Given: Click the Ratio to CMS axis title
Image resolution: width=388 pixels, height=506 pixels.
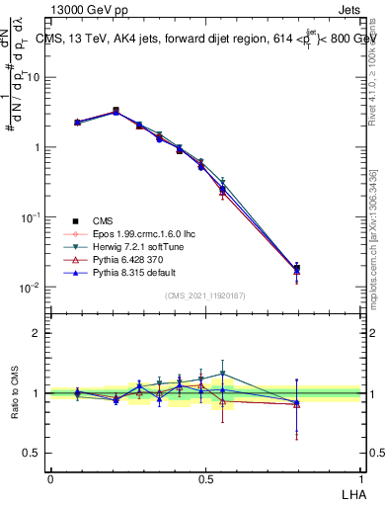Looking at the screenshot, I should pyautogui.click(x=14, y=393).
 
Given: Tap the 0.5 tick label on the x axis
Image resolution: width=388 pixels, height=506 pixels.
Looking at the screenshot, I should pyautogui.click(x=205, y=477).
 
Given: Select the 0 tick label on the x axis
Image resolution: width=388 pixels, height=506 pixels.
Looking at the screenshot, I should pyautogui.click(x=50, y=477).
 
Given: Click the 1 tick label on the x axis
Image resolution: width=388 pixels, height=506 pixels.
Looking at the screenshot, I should pyautogui.click(x=360, y=477).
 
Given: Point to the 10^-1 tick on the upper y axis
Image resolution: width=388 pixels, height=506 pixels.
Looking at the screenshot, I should pyautogui.click(x=33, y=217).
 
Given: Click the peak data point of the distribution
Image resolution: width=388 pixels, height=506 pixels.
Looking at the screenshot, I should pyautogui.click(x=116, y=111).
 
